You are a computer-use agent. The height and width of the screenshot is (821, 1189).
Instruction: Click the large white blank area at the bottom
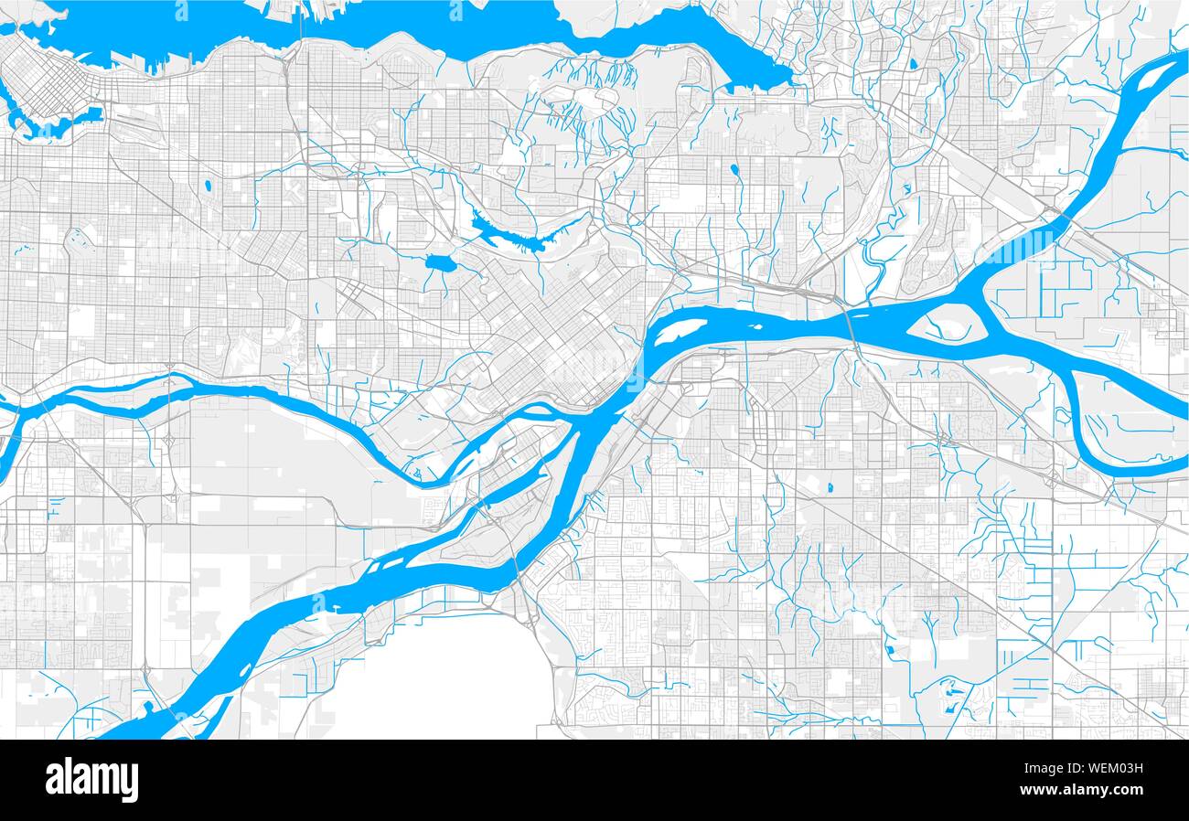tap(439, 681)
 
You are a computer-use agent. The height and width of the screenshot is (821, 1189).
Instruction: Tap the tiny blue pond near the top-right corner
tap(912, 64)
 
